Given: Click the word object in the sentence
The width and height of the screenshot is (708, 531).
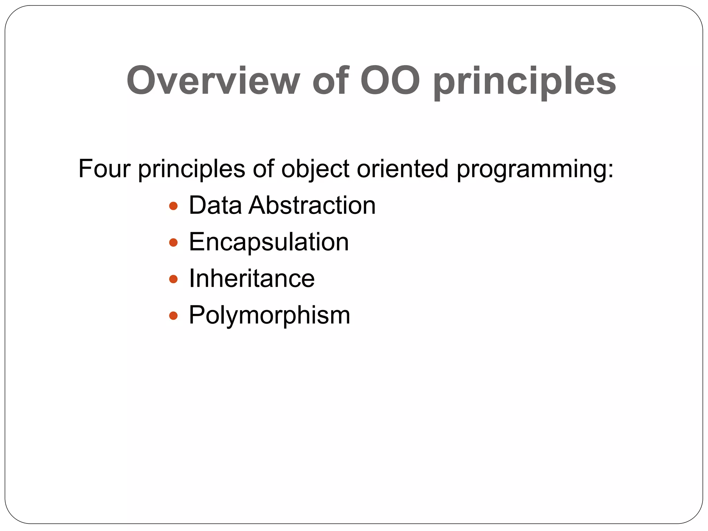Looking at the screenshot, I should pos(315,169).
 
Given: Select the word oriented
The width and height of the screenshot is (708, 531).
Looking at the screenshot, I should pos(402,169).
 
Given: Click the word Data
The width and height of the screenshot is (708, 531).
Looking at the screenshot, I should pos(215,205).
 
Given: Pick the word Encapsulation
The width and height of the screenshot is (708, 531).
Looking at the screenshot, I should pos(269,242).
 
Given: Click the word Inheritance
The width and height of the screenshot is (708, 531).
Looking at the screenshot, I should pos(252,279).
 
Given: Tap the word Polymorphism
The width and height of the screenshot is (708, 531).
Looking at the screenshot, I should pos(269,316).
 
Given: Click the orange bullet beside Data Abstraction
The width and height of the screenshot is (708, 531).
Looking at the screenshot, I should pos(173,206).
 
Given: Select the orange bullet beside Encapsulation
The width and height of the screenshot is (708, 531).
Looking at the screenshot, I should pos(173,243).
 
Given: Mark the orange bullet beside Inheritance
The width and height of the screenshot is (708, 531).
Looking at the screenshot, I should pos(173,279).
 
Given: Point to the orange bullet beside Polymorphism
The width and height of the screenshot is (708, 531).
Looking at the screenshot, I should pos(173,316).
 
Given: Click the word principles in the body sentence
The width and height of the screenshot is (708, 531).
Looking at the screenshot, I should pos(192,169).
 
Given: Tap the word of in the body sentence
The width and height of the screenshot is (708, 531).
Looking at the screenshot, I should pos(263,169).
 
